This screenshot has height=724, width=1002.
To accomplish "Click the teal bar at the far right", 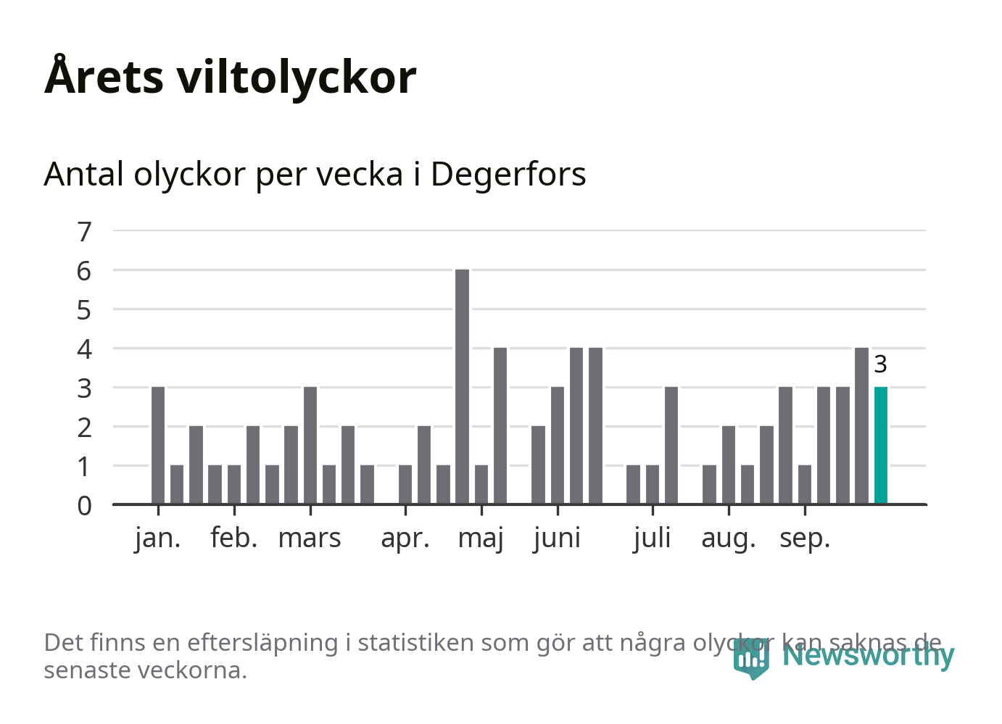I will [880, 445].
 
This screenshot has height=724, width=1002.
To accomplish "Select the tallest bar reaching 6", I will [462, 386].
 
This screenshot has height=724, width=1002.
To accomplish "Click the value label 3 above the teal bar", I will [880, 364].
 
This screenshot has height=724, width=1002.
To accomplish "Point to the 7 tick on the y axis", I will [85, 232].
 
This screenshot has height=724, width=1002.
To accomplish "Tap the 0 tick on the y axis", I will [85, 505].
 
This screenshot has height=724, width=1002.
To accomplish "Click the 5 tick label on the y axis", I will [85, 310].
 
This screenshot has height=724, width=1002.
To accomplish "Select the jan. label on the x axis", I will [157, 538].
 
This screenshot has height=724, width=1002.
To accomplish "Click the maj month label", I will [481, 538].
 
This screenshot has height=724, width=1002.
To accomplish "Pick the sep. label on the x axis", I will [805, 538].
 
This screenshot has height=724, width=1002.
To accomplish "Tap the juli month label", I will [652, 538].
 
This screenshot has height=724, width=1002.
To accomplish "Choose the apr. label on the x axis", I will [405, 538].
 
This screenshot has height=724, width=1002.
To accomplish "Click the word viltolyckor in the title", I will [297, 77].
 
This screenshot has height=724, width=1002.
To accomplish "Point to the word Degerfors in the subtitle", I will [508, 175].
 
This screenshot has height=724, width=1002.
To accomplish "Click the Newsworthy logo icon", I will [751, 658].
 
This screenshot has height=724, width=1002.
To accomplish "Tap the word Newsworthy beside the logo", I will [868, 655].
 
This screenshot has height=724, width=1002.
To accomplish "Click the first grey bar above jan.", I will [158, 445].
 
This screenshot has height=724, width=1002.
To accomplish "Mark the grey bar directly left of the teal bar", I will [861, 425].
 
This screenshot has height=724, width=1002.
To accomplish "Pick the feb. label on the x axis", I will [233, 538].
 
